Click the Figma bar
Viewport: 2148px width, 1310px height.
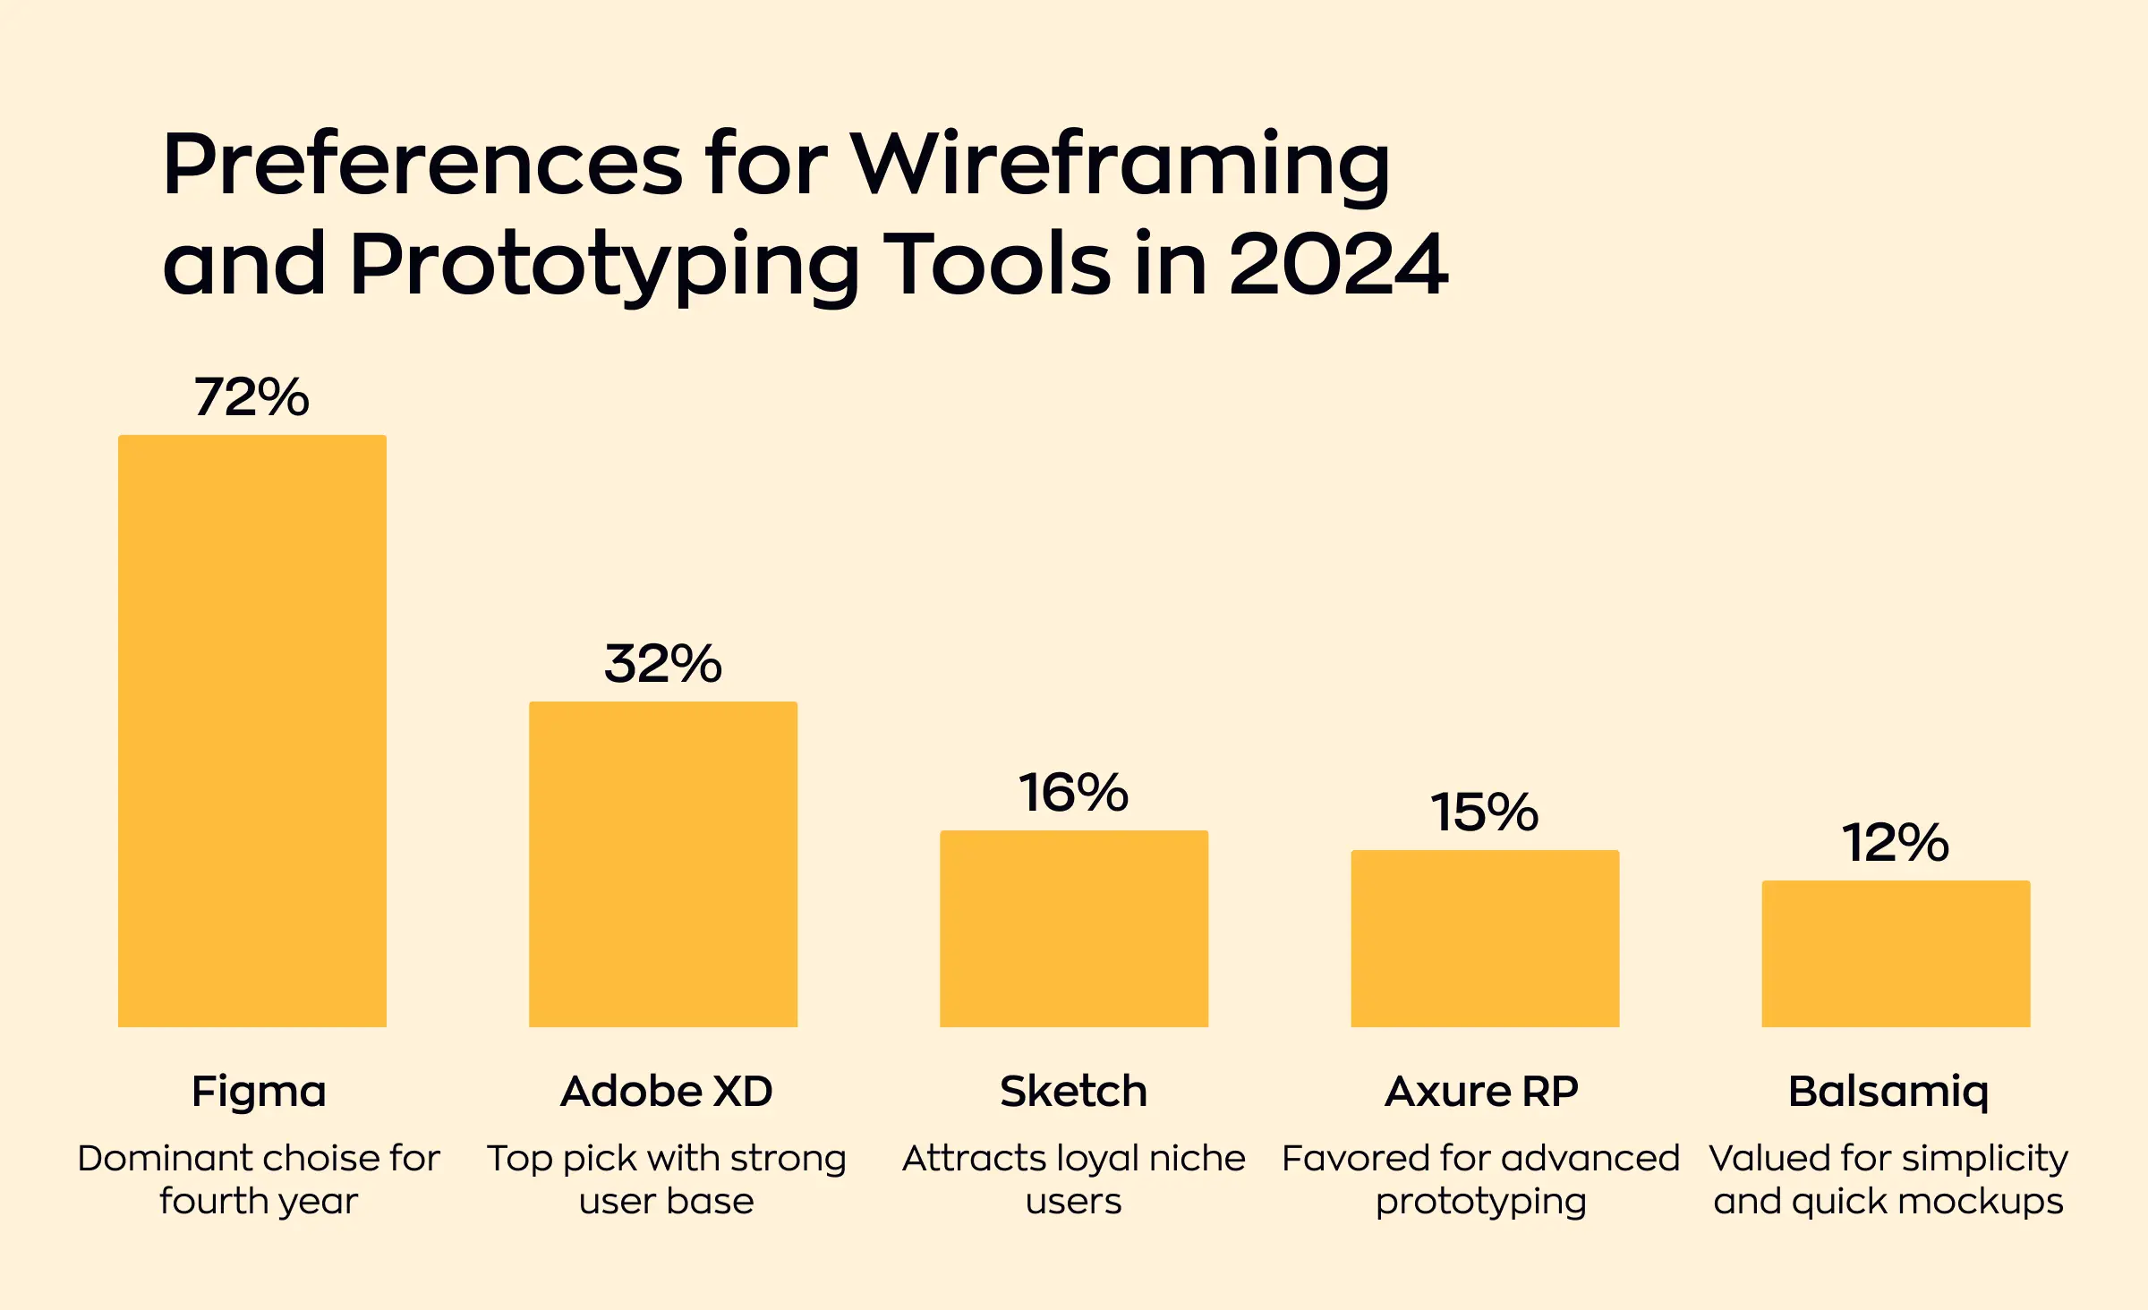tap(252, 730)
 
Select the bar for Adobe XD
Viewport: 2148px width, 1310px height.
tap(663, 863)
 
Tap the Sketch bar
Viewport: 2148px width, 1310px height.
tap(1074, 928)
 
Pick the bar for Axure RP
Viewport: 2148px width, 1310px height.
tap(1485, 938)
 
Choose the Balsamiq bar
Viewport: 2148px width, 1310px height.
tap(1896, 953)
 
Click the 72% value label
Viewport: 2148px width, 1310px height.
tap(251, 397)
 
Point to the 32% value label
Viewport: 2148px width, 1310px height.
tap(663, 664)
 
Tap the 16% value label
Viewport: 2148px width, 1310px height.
tap(1074, 793)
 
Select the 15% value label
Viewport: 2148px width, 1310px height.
tap(1484, 812)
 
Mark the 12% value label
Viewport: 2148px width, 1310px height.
tap(1895, 843)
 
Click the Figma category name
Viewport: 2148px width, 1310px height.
tap(259, 1092)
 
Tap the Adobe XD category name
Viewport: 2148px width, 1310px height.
tap(667, 1092)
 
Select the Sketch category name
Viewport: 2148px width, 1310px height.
tap(1073, 1092)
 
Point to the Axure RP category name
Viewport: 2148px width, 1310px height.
tap(1481, 1092)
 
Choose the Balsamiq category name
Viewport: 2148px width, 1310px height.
tap(1888, 1092)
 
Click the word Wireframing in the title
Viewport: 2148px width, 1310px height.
tap(1120, 166)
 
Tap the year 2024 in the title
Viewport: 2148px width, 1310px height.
tap(1338, 265)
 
